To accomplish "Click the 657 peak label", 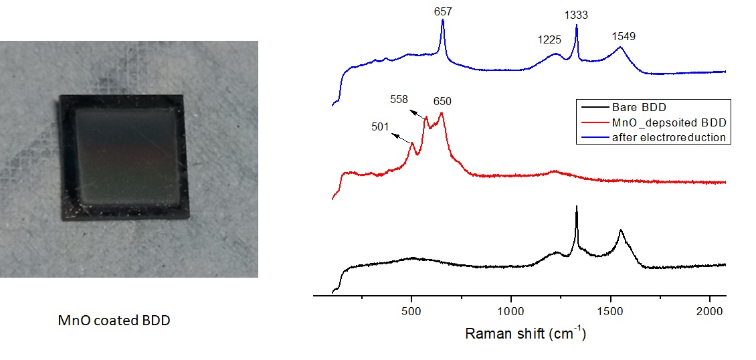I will tap(442, 13).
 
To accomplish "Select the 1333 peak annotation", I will tap(576, 14).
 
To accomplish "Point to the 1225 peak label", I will tap(549, 39).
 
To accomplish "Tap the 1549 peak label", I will tap(624, 36).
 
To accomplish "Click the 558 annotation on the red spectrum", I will tap(399, 99).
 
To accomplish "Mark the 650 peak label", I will tap(442, 102).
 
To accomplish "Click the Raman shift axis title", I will tap(525, 333).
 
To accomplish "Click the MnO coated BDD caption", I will tap(114, 321).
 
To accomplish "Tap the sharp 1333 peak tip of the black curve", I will tap(577, 207).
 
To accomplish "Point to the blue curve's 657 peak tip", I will tap(443, 21).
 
